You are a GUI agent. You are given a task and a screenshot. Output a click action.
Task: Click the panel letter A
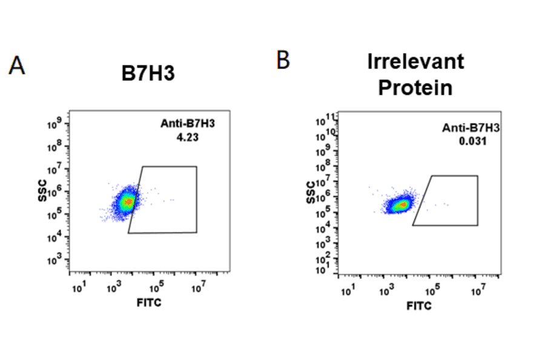(17, 65)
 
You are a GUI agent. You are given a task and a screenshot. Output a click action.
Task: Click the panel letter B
(283, 60)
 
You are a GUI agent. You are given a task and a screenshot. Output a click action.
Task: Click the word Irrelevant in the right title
(415, 61)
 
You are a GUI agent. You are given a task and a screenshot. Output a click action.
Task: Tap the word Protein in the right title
(415, 87)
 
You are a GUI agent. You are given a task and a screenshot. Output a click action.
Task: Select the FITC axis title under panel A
(148, 301)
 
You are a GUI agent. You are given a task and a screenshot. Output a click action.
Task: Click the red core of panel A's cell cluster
(128, 201)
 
